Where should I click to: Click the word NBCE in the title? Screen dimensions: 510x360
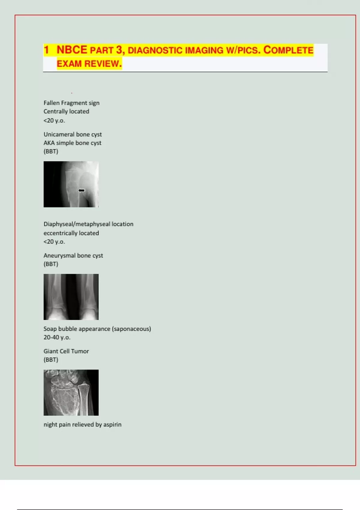coord(72,50)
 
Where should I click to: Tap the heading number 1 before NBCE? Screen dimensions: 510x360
coord(46,50)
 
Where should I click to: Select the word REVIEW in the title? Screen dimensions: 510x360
coord(103,64)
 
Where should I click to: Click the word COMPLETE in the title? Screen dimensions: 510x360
coord(288,50)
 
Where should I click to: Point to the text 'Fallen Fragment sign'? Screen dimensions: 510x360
coord(71,103)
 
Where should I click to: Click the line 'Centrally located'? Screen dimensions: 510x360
coord(66,111)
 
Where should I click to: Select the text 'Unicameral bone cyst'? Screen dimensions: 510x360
coord(73,134)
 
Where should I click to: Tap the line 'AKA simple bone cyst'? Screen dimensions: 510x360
coord(72,143)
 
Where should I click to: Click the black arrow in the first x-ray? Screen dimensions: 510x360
coord(81,190)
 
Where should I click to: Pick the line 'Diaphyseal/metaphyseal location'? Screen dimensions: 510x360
coord(88,224)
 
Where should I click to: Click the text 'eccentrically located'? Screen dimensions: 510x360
coord(71,233)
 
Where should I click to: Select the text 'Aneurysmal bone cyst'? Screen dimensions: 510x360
coord(73,256)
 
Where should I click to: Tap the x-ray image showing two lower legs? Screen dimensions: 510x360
coord(71,297)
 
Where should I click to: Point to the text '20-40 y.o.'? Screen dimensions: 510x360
coord(57,337)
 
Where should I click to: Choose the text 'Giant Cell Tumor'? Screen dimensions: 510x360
coord(66,351)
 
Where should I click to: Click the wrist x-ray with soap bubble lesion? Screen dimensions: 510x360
coord(71,392)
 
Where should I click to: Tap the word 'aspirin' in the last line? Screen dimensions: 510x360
coord(112,424)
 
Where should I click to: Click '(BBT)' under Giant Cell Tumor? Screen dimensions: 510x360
coord(51,360)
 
